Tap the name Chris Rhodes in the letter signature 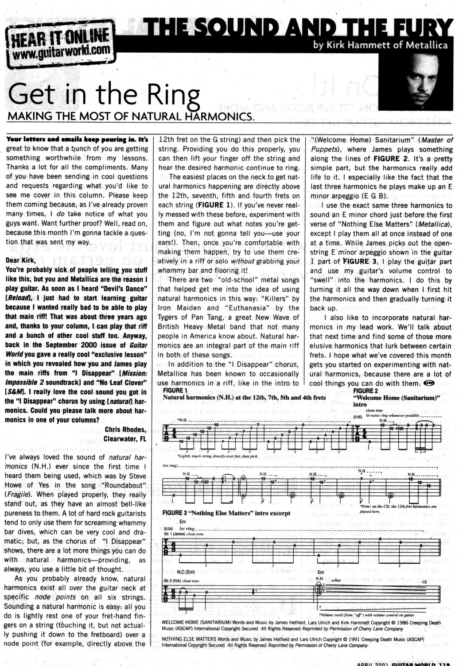[125, 430]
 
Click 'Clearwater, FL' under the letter [124, 439]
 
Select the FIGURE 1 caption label [175, 390]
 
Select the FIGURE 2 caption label [366, 391]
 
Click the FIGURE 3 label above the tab [175, 513]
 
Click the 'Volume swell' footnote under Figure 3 [366, 615]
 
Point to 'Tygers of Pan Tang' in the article [187, 317]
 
